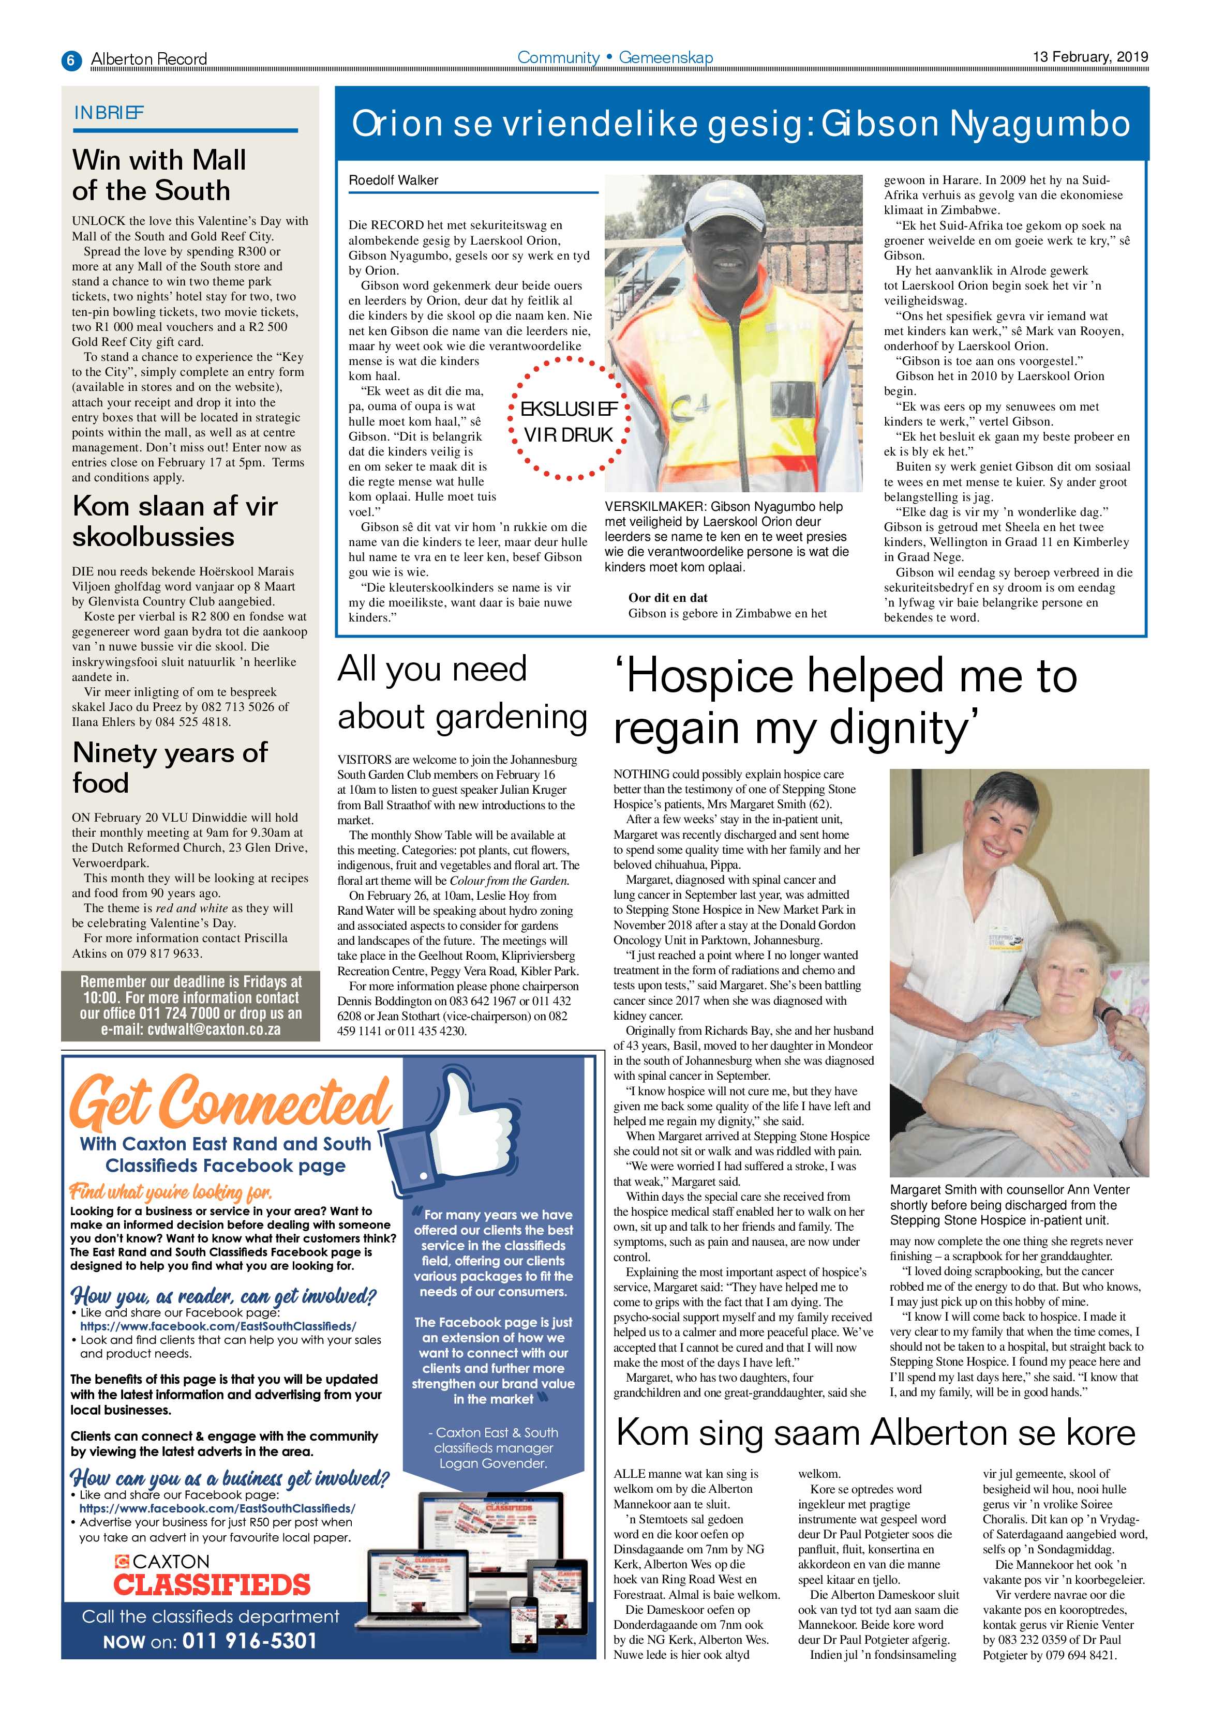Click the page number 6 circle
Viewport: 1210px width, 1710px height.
click(71, 59)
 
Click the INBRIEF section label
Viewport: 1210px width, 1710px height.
click(109, 113)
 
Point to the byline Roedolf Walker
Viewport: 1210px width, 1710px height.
click(393, 180)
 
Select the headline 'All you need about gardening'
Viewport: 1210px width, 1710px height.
click(462, 693)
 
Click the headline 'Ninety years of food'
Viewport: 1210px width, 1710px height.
click(169, 767)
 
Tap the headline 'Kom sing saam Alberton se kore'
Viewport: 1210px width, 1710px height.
click(875, 1432)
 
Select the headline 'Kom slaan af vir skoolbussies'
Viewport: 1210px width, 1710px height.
click(174, 521)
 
